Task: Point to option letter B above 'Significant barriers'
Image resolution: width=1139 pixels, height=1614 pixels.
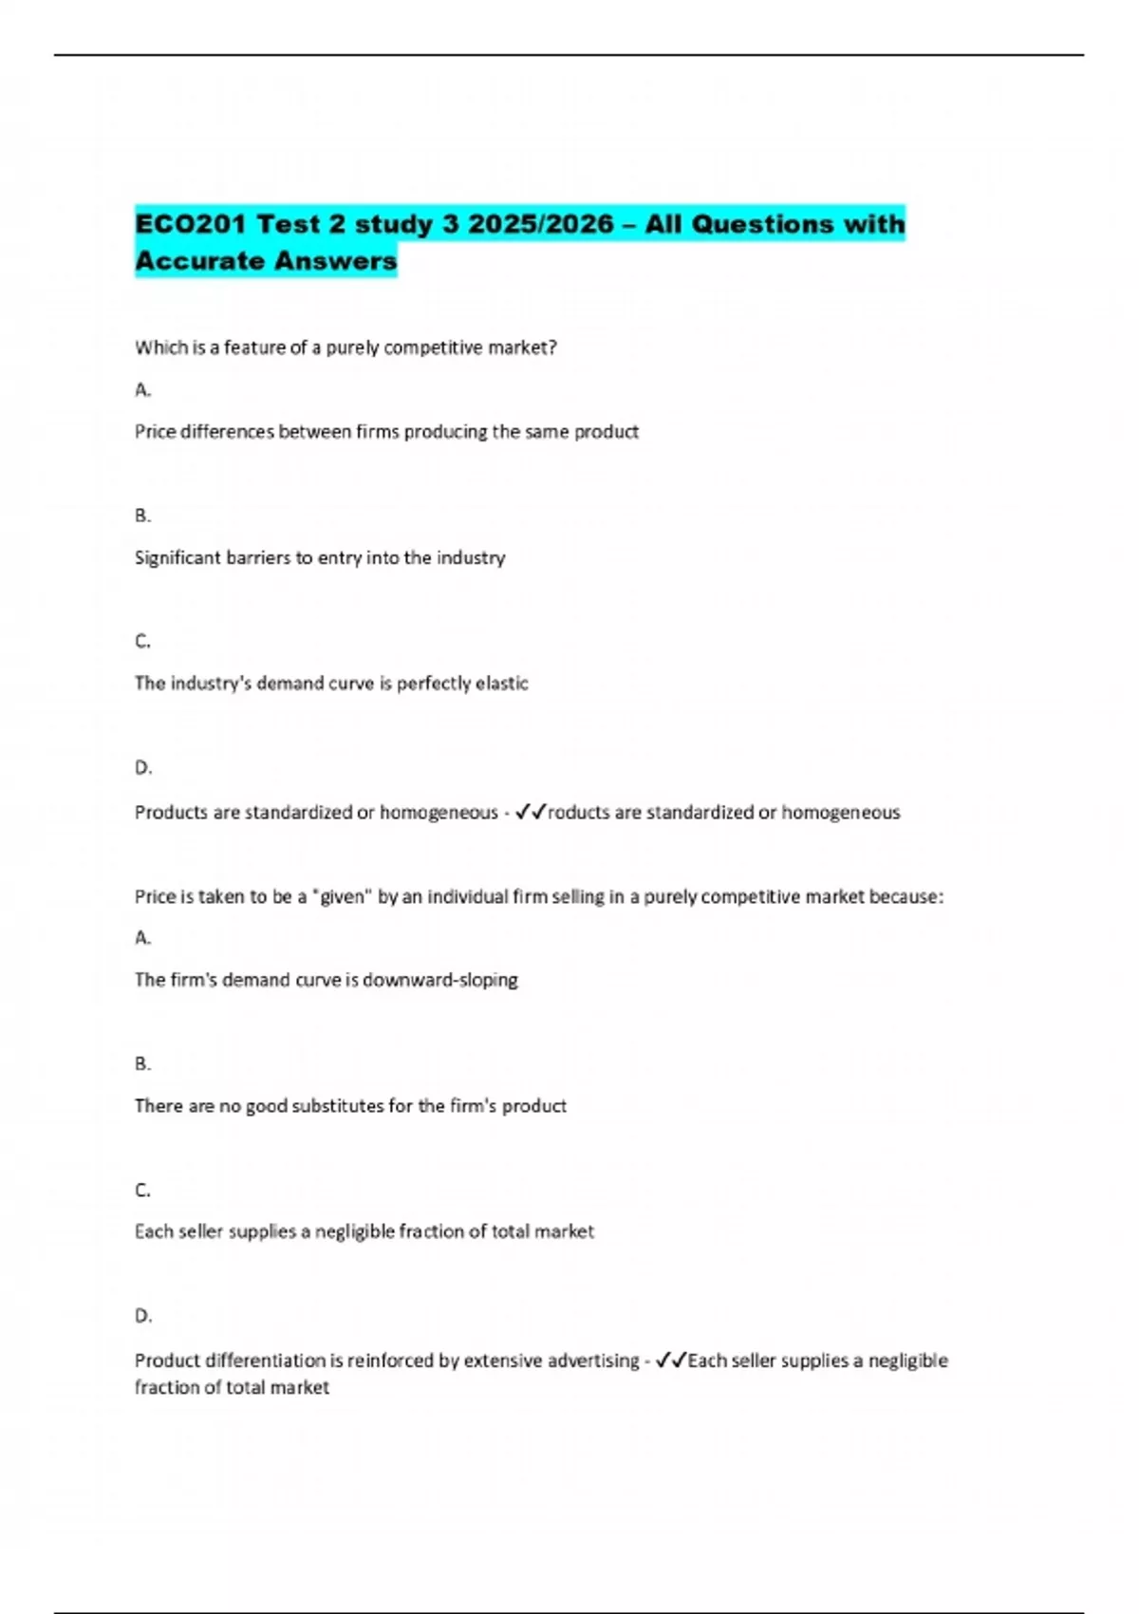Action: [x=142, y=516]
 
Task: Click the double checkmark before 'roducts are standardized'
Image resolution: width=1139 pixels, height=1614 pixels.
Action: [x=531, y=812]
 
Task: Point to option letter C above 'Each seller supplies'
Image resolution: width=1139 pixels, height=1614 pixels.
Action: [x=142, y=1190]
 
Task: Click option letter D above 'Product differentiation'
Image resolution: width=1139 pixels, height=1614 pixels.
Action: [x=142, y=1316]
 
